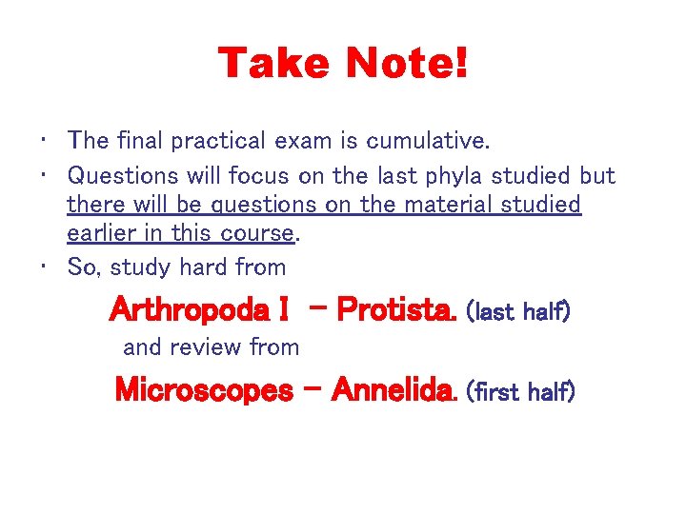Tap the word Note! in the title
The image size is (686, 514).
pyautogui.click(x=407, y=64)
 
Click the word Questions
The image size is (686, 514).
pyautogui.click(x=123, y=176)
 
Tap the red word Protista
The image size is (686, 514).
pyautogui.click(x=397, y=309)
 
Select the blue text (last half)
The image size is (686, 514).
pyautogui.click(x=519, y=311)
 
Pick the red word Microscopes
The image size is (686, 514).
pyautogui.click(x=204, y=389)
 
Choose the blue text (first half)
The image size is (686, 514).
pyautogui.click(x=521, y=391)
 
